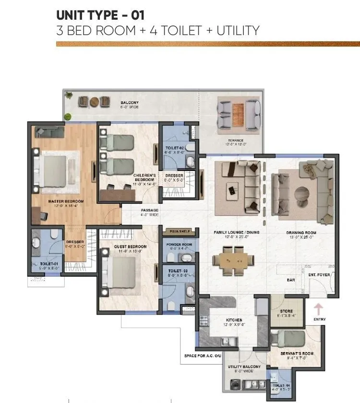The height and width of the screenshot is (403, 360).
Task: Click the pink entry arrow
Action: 318,308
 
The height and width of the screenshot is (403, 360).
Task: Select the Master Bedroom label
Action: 66,201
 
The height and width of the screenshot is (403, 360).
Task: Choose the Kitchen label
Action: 234,320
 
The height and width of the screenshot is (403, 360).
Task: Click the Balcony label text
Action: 130,103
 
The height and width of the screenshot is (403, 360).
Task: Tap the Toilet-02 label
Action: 174,148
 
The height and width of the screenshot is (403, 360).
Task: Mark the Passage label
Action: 149,210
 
